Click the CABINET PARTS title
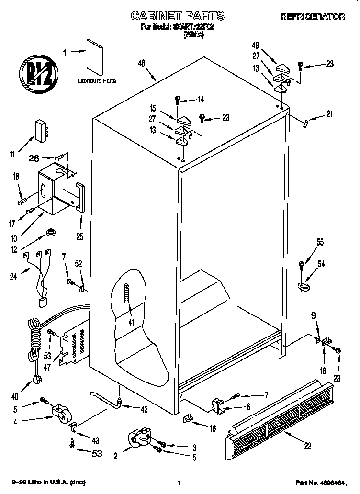(x=178, y=16)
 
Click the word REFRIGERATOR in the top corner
(x=312, y=16)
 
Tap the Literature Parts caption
(x=97, y=81)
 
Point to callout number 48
(x=141, y=63)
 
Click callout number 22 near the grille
(x=307, y=445)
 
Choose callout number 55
(x=320, y=243)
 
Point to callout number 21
(x=329, y=114)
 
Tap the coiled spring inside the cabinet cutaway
(x=127, y=299)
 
